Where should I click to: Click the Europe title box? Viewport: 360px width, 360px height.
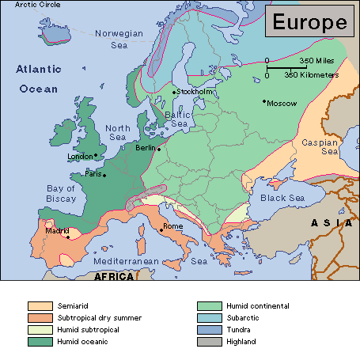[308, 21]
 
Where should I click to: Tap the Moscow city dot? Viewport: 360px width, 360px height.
[264, 100]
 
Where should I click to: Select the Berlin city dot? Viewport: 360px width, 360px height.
[159, 149]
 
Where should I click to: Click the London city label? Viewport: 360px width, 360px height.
[79, 157]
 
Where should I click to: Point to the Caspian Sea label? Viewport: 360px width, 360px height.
[320, 146]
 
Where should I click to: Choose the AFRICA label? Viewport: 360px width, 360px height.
[114, 277]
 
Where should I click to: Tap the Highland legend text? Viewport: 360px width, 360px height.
[241, 341]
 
